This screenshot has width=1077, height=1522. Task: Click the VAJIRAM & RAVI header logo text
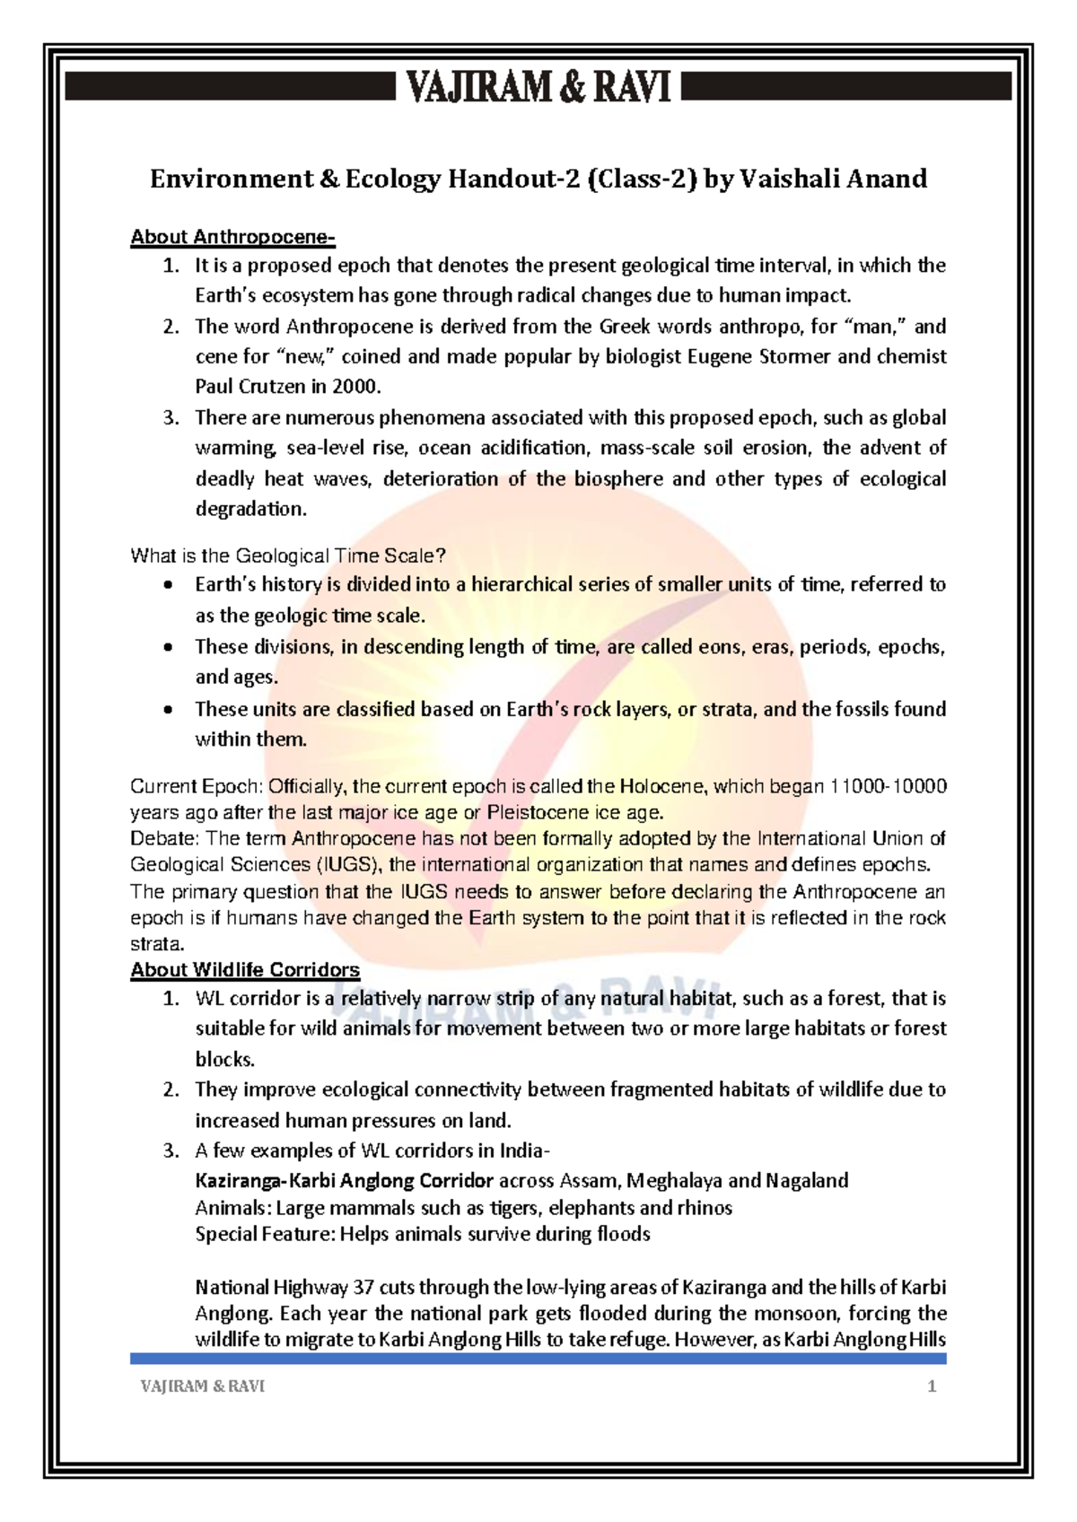coord(538,88)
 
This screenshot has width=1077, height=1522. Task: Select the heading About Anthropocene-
coord(232,237)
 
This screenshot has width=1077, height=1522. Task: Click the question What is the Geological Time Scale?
coord(288,555)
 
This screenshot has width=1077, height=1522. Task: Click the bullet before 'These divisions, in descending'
coord(168,647)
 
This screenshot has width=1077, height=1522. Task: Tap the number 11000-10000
coord(888,787)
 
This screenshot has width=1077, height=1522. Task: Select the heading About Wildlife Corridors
coord(245,970)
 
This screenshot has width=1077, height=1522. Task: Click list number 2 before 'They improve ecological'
coord(171,1089)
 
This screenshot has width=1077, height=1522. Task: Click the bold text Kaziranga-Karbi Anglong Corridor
coord(344,1180)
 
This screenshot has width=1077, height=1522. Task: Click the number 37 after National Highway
coord(363,1288)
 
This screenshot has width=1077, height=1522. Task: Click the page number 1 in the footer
coord(932,1386)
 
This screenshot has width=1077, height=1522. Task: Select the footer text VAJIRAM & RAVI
coord(203,1386)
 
